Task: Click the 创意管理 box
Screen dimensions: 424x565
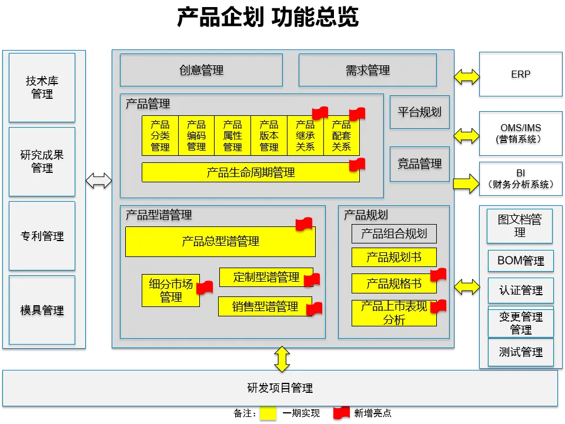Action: point(201,70)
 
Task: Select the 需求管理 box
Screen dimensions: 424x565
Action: point(367,70)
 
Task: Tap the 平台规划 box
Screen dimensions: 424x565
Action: point(419,112)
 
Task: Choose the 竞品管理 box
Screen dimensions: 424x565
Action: point(419,163)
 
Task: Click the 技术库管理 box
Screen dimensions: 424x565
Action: point(42,88)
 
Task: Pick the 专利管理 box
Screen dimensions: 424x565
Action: point(42,236)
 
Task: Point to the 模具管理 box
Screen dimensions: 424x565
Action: point(42,310)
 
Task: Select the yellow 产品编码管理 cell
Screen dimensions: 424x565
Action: point(196,136)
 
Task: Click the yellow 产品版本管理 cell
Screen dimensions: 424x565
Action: point(269,136)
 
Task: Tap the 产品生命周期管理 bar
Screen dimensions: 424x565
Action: point(250,172)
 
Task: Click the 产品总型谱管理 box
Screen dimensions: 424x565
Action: point(220,241)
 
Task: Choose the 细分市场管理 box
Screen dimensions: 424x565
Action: point(170,291)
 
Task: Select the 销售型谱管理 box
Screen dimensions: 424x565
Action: point(265,306)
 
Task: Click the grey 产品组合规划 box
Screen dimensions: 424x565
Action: point(394,233)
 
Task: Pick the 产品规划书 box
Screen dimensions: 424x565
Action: point(394,257)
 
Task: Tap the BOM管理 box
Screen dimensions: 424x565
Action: point(520,261)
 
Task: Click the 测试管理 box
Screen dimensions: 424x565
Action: point(520,352)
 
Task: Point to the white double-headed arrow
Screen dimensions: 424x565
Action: point(99,181)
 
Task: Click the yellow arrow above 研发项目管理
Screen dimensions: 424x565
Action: point(282,359)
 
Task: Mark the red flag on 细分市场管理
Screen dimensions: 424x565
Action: point(204,288)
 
